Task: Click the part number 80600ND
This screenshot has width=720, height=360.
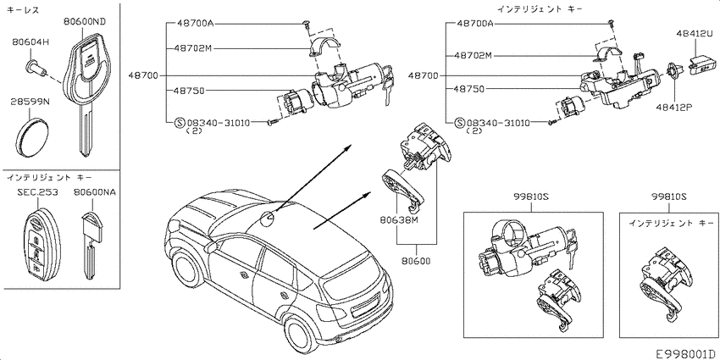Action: coord(84,21)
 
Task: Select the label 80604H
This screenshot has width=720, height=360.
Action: coord(30,42)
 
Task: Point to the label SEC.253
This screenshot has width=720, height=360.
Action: coord(37,192)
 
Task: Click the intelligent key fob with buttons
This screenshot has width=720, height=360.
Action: coord(42,246)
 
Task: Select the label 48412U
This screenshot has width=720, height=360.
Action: coord(694,33)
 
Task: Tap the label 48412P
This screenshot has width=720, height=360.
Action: coord(674,108)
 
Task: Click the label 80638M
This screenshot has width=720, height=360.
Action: coord(399,219)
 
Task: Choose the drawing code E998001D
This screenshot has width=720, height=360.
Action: coord(685,353)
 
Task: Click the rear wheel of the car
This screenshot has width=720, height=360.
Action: coord(303,330)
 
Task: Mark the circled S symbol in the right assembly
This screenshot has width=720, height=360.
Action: coord(460,123)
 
